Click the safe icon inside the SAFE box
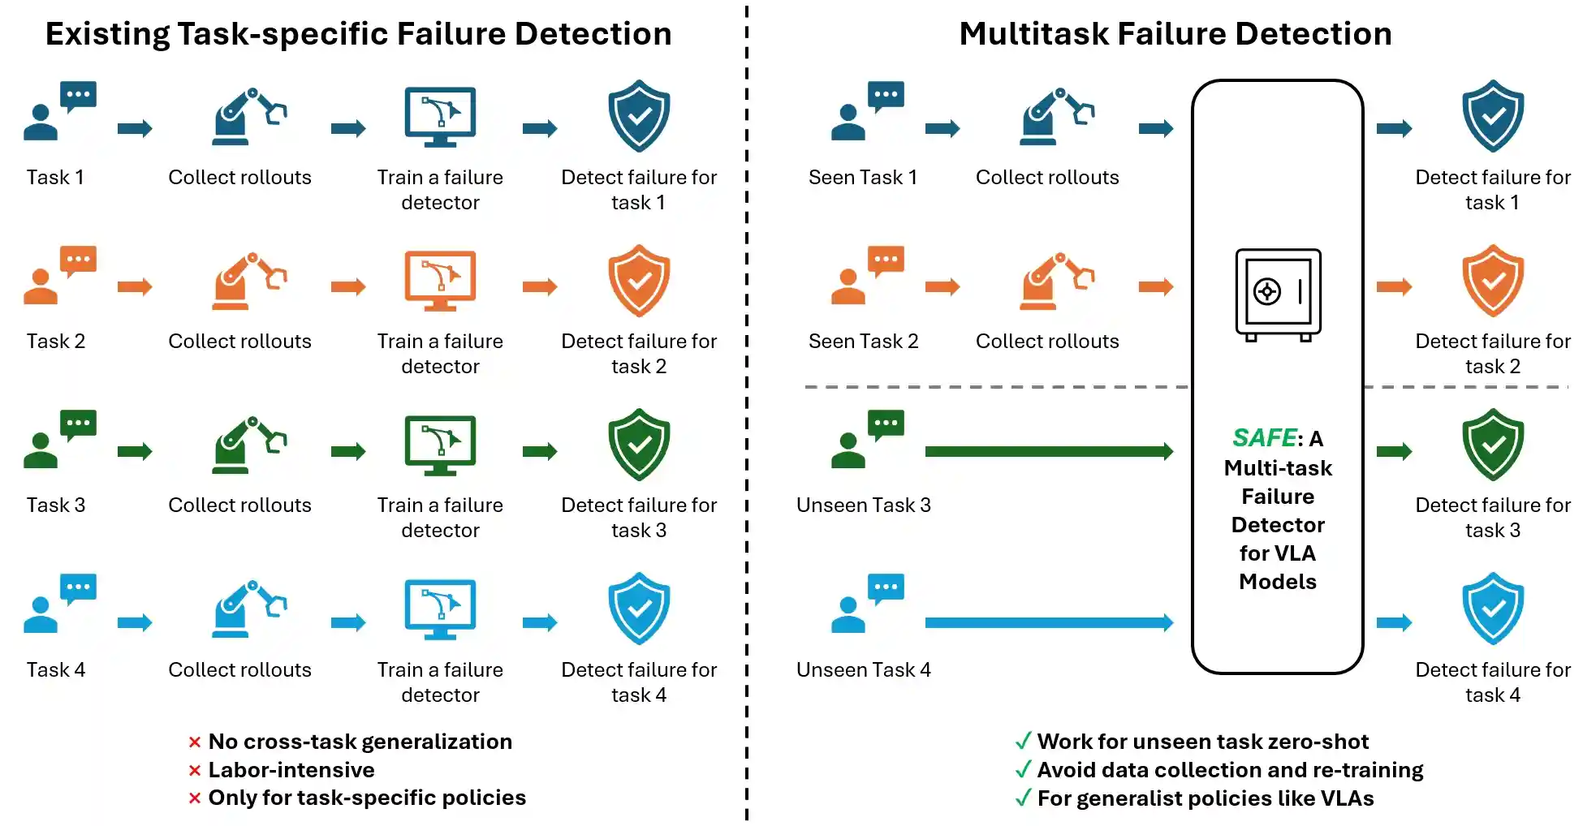point(1278,295)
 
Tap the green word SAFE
point(1264,438)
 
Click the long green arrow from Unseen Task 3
point(1048,451)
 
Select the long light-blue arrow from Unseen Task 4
point(1048,622)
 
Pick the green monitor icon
point(440,445)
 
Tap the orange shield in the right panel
point(1493,281)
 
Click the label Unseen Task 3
point(863,505)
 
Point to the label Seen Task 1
point(863,178)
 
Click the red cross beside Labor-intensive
point(195,771)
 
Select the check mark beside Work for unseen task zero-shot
point(1023,741)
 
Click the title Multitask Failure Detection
point(1175,34)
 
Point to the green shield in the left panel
point(639,445)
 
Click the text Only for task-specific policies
point(367,798)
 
